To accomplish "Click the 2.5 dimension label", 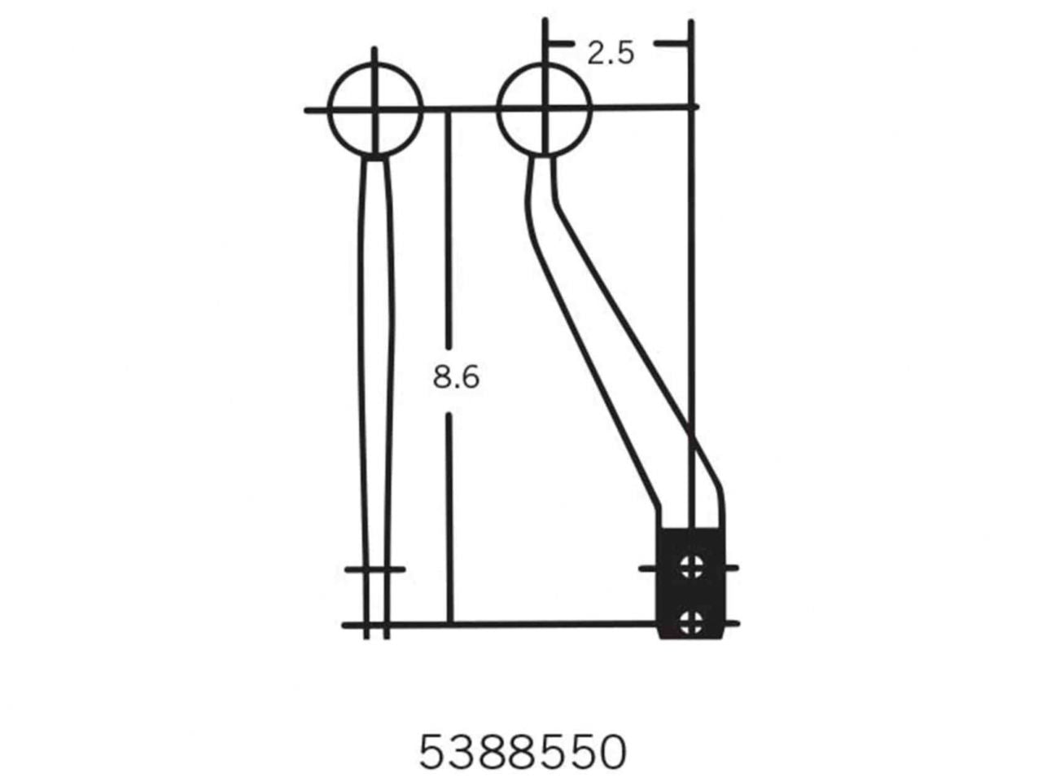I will (x=610, y=54).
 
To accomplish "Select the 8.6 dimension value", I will (x=456, y=377).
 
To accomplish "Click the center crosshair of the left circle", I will (x=374, y=109).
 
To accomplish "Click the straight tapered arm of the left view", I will (x=375, y=367).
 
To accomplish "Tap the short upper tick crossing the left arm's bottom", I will (x=374, y=569).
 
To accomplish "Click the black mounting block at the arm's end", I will (x=690, y=584).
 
